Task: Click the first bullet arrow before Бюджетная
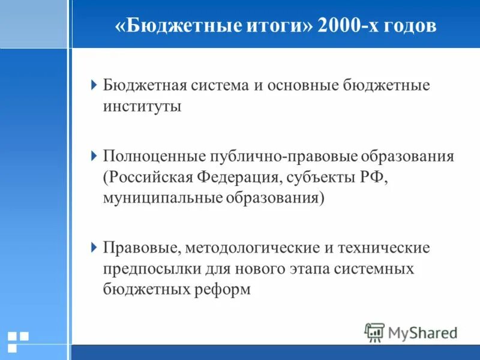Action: tap(94, 85)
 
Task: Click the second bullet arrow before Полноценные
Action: tap(94, 157)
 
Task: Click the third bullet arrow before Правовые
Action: tap(94, 247)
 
